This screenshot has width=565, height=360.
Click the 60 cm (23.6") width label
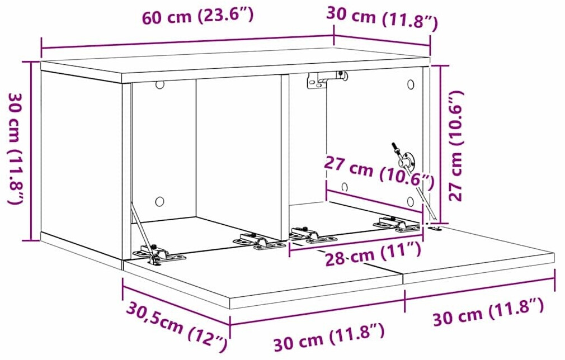tap(198, 16)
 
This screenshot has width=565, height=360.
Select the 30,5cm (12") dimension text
tap(178, 328)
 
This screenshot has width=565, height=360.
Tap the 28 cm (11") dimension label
tap(373, 253)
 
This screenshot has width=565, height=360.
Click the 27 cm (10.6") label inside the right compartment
tap(379, 172)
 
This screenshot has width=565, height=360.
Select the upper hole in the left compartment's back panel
tap(159, 85)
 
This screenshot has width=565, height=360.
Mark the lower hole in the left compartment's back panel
tap(159, 201)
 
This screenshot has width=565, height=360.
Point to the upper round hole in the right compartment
tap(411, 85)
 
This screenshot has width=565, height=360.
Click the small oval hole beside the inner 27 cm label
tap(345, 187)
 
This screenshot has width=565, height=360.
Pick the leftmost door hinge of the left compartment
tap(158, 253)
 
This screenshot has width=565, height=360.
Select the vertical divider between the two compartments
tap(285, 157)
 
